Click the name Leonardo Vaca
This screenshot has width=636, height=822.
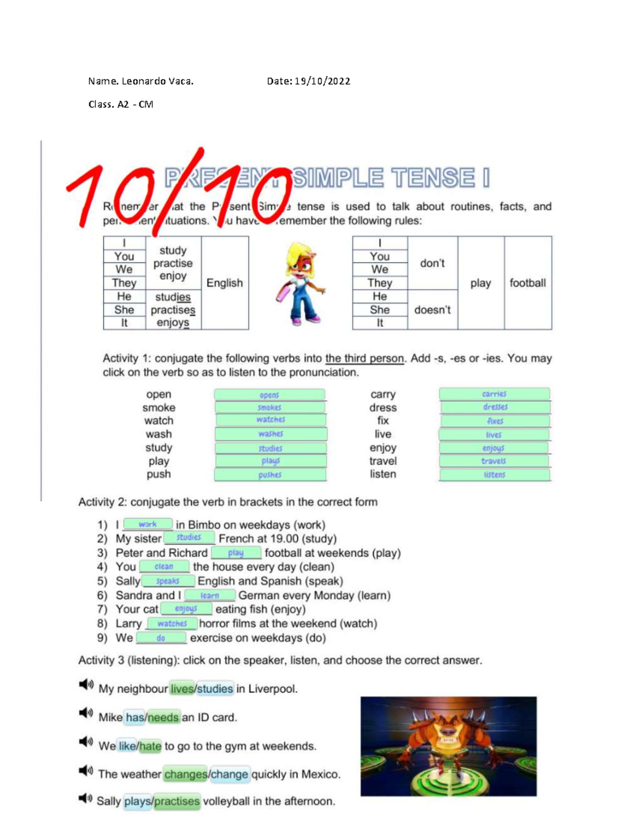157,81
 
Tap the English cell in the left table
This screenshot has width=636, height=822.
225,283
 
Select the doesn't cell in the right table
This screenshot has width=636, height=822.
432,310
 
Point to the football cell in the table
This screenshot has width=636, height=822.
528,283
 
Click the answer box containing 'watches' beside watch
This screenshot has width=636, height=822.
270,420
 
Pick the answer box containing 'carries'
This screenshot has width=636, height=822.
494,394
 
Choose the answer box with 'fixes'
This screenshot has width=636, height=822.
495,421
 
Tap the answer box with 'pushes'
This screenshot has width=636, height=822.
270,475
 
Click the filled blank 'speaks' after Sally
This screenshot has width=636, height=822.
167,581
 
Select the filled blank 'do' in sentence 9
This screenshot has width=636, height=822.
161,638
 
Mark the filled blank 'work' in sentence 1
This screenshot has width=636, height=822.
147,525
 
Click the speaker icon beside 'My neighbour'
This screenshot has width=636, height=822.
86,684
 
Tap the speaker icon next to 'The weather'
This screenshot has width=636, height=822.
86,770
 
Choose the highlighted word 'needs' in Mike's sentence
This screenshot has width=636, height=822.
163,718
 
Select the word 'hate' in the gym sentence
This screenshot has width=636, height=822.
151,746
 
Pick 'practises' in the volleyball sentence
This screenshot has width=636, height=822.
177,801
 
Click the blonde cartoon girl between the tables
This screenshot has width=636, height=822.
301,283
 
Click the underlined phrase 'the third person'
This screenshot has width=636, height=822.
365,358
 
